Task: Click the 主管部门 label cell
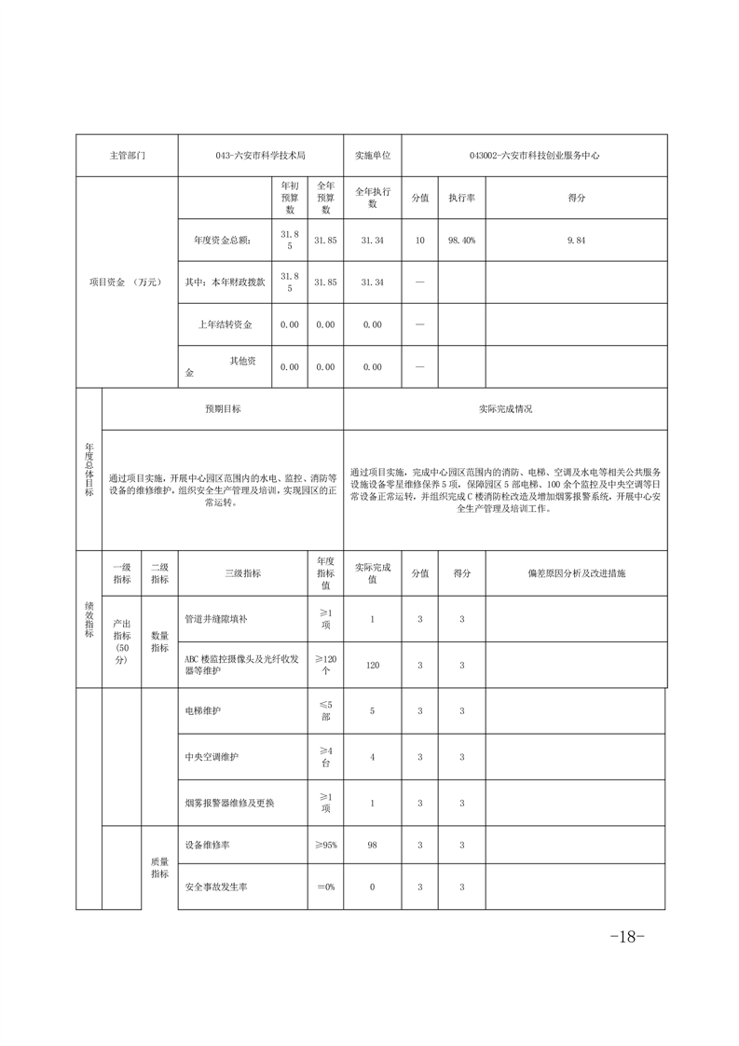127,156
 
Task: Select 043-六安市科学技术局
260,156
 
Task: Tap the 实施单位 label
373,156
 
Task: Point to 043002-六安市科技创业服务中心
534,156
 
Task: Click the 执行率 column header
461,198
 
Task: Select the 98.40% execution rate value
461,241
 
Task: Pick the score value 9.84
576,241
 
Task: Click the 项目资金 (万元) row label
127,282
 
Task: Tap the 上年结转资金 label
225,324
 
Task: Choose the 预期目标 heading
223,408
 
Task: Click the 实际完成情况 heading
505,408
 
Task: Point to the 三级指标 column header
242,573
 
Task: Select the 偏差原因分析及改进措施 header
576,573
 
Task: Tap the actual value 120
373,665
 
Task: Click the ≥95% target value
325,845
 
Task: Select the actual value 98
373,845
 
